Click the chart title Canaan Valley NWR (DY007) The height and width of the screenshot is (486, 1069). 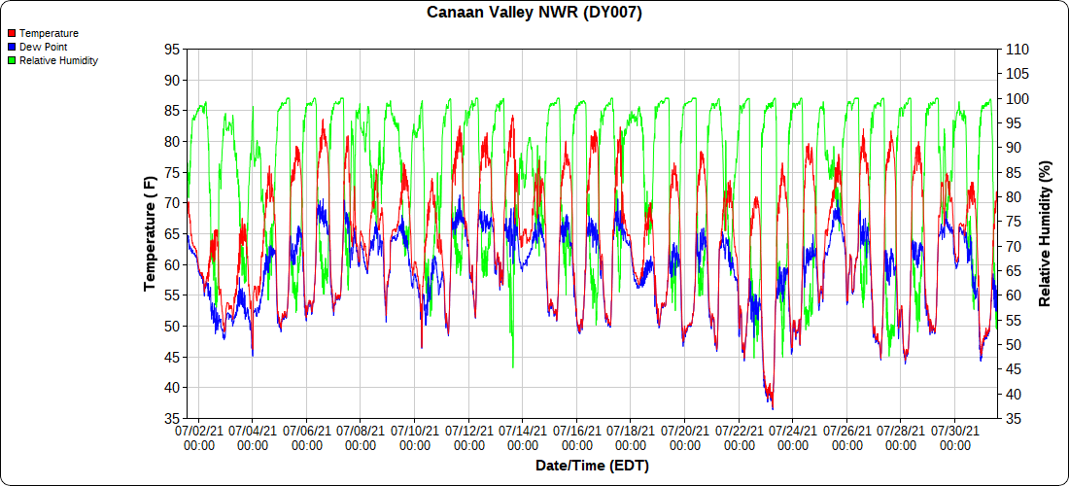(x=534, y=13)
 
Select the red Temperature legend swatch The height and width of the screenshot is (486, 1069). (x=11, y=33)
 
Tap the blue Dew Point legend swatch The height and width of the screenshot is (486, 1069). (x=11, y=47)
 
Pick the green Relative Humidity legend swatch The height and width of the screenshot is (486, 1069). (x=11, y=60)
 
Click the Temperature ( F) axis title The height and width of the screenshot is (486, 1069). (x=150, y=233)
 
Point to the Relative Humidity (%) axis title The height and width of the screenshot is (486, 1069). (x=1046, y=233)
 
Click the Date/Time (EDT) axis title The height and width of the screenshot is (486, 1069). (x=592, y=466)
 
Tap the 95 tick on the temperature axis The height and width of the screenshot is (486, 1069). (x=172, y=50)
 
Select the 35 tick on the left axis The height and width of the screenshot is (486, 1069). (x=172, y=418)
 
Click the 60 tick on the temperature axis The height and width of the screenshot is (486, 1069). (x=172, y=264)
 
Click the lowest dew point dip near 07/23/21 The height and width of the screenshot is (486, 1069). (x=772, y=408)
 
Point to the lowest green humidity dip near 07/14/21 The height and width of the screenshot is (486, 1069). (x=513, y=366)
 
